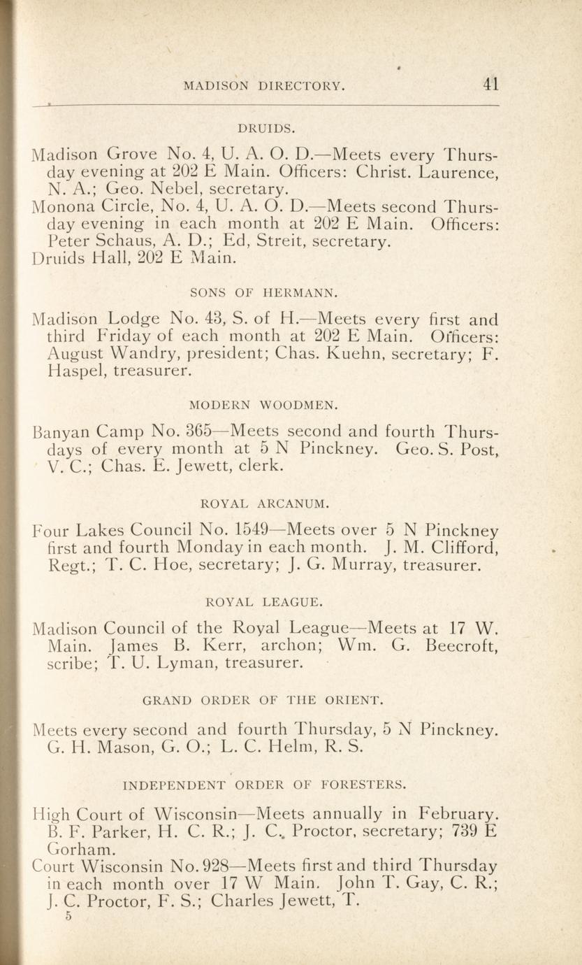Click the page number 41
[x=490, y=85]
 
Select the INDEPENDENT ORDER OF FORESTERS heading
[x=263, y=785]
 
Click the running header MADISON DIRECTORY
[x=264, y=86]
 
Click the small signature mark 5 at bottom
[x=69, y=917]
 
